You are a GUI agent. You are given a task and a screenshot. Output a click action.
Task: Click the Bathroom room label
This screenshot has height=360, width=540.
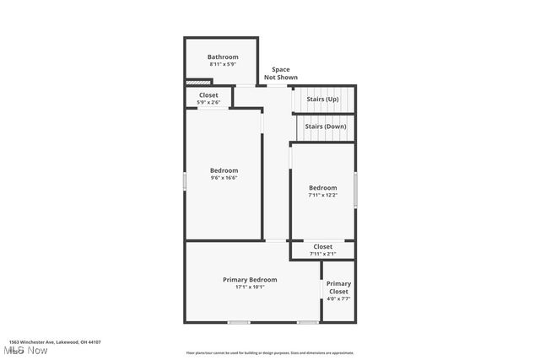[x=223, y=57]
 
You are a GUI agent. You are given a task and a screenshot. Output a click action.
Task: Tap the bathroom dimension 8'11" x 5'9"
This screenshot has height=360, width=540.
[x=223, y=65]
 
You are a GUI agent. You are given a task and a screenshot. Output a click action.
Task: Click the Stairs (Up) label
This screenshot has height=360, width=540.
[x=322, y=99]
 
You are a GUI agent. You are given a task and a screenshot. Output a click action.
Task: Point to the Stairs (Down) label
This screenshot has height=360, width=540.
[x=326, y=126]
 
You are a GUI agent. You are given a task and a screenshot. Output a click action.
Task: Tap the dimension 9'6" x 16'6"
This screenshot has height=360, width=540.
[x=224, y=178]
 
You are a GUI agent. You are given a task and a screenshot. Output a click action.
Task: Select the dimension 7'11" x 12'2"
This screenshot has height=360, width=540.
[x=322, y=195]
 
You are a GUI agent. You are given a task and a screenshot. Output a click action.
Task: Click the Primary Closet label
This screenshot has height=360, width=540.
[x=338, y=287]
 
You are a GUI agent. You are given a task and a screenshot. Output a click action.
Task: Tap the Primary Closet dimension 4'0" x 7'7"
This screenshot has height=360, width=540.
[x=338, y=299]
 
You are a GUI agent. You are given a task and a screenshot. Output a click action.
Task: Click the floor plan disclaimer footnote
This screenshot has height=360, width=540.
[x=270, y=353]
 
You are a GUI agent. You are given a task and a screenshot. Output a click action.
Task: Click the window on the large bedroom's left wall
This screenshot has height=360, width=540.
[x=186, y=180]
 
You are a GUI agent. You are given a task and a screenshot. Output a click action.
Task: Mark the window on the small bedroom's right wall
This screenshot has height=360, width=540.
[x=355, y=188]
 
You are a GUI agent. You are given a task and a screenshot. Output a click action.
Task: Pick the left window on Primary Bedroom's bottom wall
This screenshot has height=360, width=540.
[x=239, y=323]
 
